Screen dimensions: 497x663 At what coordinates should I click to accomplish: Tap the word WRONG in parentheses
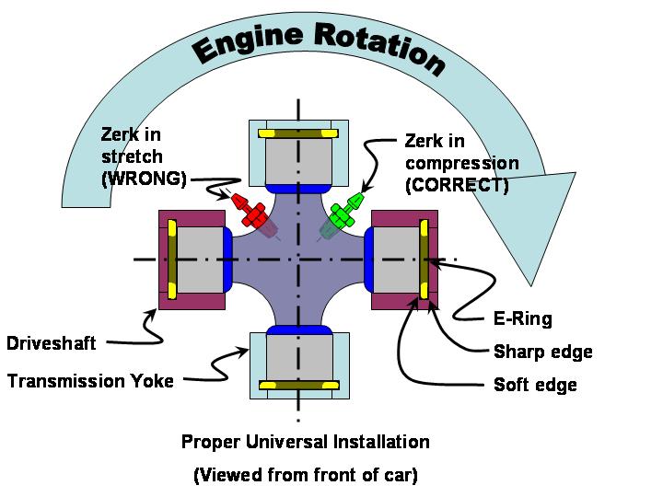point(143,179)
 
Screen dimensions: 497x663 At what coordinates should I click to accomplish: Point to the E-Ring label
point(518,319)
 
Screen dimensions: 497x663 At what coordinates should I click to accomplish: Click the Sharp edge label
point(543,352)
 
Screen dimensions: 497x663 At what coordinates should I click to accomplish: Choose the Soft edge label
point(535,384)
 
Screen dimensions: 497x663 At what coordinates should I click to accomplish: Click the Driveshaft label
point(52,344)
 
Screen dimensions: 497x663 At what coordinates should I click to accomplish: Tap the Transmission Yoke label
point(90,380)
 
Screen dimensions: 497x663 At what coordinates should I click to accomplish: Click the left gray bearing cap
point(197,260)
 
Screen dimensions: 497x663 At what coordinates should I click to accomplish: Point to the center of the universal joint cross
point(297,260)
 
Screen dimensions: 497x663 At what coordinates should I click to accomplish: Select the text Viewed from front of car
point(305,476)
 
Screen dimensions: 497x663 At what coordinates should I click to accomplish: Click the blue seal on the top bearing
point(297,189)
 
